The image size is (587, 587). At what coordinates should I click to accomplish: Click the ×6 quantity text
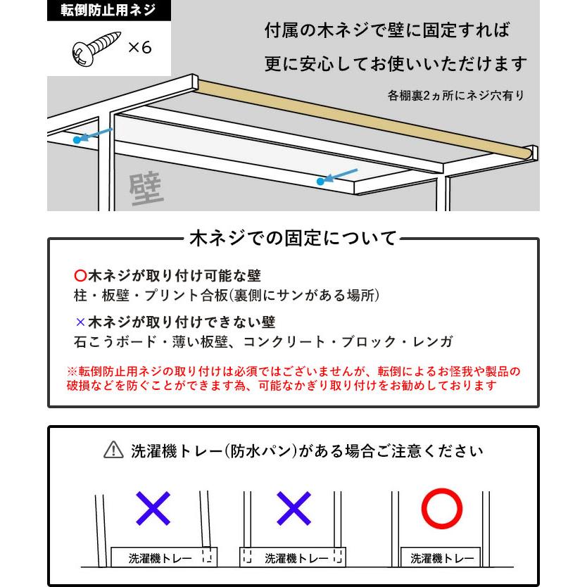(139, 48)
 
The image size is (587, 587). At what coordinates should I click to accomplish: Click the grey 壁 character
(146, 188)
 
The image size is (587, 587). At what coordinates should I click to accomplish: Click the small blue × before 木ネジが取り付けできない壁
(80, 322)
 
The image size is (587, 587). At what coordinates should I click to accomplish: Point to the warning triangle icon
(113, 450)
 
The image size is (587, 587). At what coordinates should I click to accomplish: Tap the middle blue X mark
(293, 508)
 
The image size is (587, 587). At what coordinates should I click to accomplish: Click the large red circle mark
(441, 508)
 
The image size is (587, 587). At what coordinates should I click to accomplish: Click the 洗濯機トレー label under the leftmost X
(160, 559)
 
